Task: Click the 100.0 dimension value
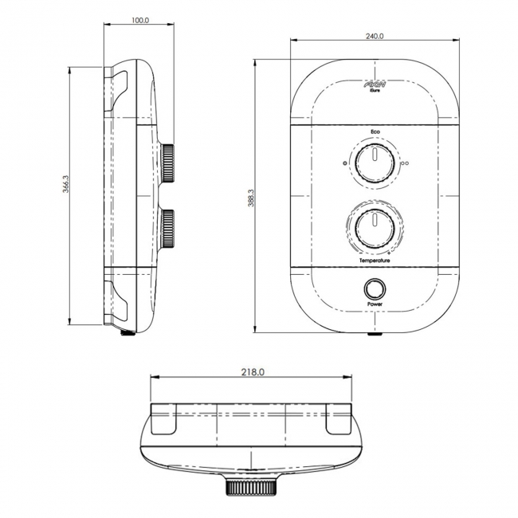click(139, 20)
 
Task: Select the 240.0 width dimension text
click(375, 36)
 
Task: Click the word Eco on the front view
click(375, 131)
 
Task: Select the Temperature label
click(375, 261)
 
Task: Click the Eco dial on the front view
click(373, 163)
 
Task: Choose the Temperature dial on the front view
click(373, 229)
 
